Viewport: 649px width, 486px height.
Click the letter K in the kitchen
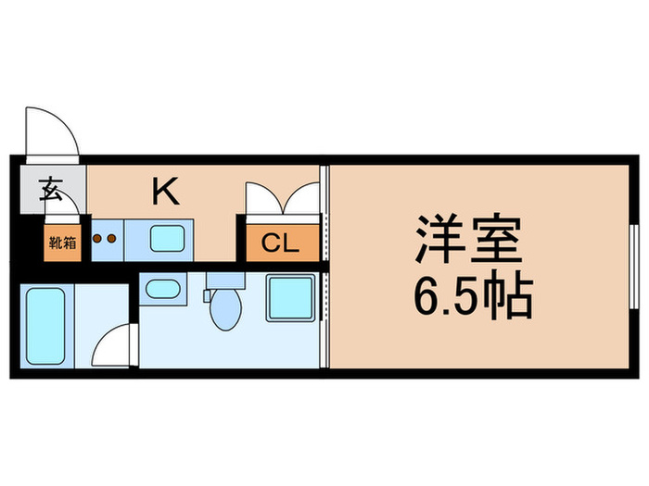(x=166, y=192)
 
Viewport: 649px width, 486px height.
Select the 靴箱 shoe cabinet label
(x=62, y=244)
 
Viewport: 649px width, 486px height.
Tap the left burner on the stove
(x=98, y=238)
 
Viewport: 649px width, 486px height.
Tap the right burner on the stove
(x=112, y=238)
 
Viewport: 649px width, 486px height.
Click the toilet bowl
(x=223, y=310)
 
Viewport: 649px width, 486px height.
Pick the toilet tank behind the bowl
(x=223, y=280)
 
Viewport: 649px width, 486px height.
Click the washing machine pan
(x=290, y=298)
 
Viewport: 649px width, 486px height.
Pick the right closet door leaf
(x=303, y=199)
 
